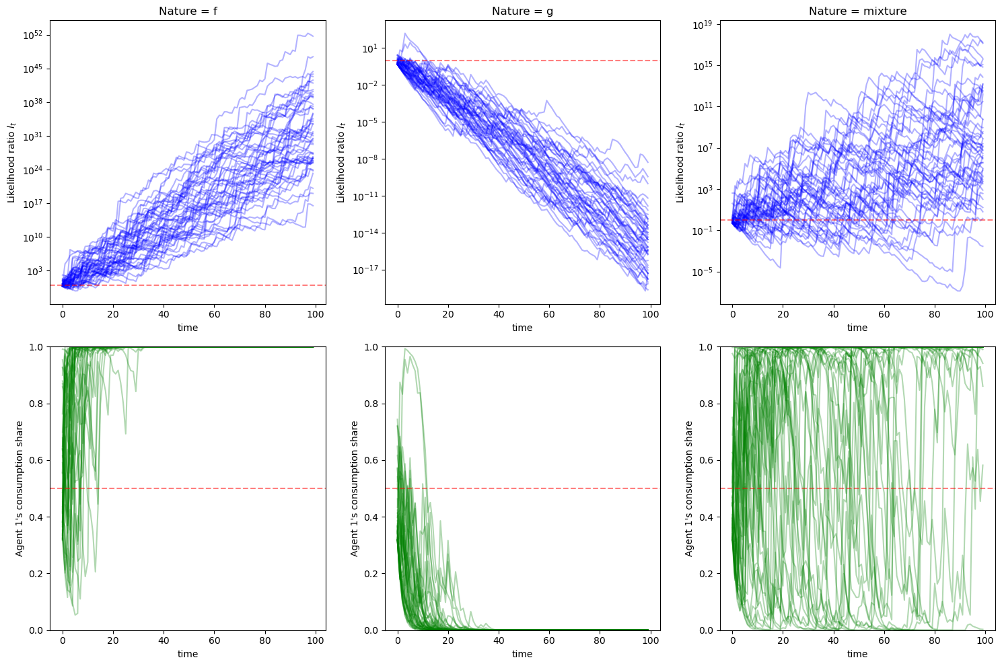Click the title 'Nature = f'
tap(187, 11)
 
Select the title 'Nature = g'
tap(522, 11)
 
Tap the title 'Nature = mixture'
tap(857, 11)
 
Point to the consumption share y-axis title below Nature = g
tap(355, 488)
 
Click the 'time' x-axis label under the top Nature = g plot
tap(522, 328)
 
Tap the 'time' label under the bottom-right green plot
tap(857, 654)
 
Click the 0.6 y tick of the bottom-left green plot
tap(37, 460)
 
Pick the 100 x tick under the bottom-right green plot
tap(985, 640)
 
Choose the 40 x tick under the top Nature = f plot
tap(164, 314)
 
